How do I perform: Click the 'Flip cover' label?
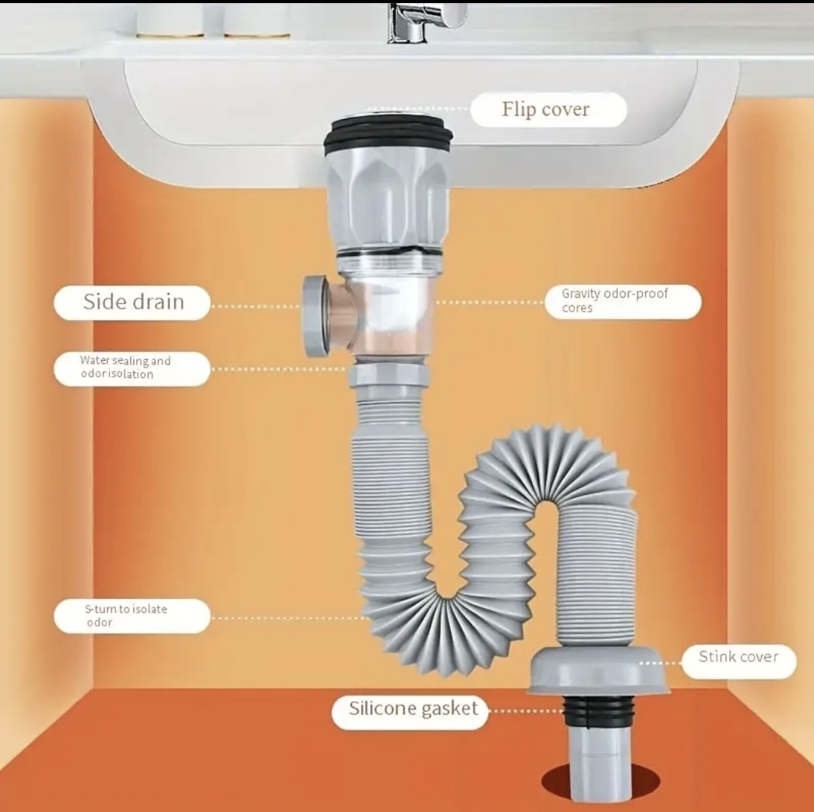(x=548, y=109)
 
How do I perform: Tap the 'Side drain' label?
(x=132, y=303)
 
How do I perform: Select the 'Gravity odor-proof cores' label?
(x=623, y=301)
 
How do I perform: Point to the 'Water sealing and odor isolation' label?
(x=132, y=369)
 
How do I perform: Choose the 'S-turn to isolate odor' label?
(x=132, y=616)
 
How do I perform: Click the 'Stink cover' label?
(x=739, y=661)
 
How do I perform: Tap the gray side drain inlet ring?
(x=314, y=316)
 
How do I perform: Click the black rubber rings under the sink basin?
(x=388, y=136)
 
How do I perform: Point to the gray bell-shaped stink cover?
(x=598, y=670)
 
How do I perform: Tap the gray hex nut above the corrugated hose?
(x=390, y=376)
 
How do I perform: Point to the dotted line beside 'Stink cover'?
(x=660, y=663)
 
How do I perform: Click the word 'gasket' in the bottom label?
(x=449, y=710)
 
